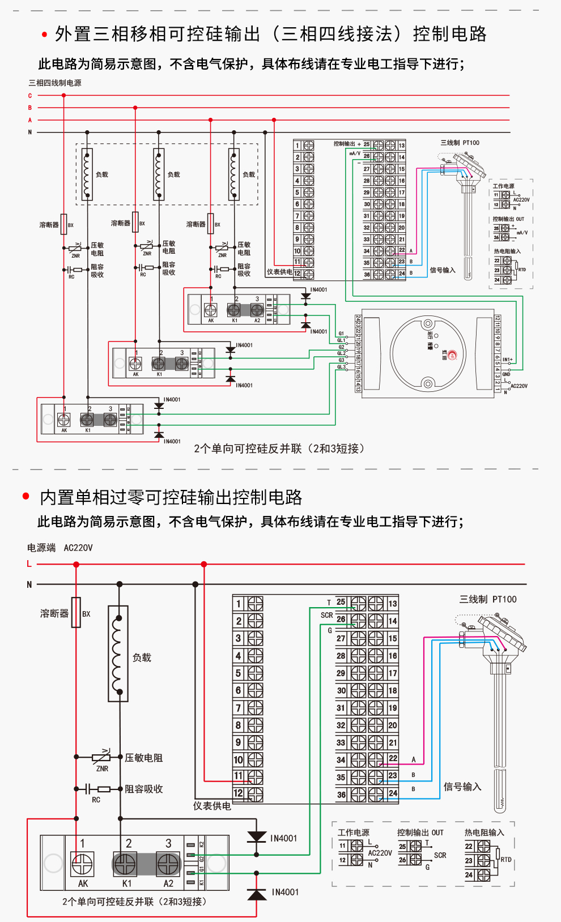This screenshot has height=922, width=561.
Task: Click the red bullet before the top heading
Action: pyautogui.click(x=44, y=35)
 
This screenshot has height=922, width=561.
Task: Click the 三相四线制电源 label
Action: pyautogui.click(x=55, y=83)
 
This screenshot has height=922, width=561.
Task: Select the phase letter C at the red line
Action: pyautogui.click(x=30, y=96)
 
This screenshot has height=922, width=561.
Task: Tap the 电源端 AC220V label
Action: pyautogui.click(x=59, y=548)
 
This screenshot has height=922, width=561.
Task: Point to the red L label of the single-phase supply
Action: pyautogui.click(x=29, y=564)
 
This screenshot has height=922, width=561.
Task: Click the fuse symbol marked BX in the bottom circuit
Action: pyautogui.click(x=76, y=612)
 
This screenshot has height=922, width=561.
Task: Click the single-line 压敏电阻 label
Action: pyautogui.click(x=144, y=758)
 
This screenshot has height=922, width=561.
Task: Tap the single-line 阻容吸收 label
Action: pyautogui.click(x=144, y=789)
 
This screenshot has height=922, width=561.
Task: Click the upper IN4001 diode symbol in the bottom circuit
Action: pyautogui.click(x=257, y=837)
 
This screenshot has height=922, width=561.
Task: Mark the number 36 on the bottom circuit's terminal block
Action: pyautogui.click(x=341, y=795)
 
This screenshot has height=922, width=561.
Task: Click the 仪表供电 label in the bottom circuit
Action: pyautogui.click(x=212, y=806)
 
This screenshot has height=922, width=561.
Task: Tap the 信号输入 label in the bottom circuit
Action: pyautogui.click(x=462, y=787)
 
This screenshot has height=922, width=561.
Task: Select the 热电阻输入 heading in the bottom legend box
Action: pyautogui.click(x=484, y=833)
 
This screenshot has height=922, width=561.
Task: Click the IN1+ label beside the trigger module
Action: pyautogui.click(x=508, y=360)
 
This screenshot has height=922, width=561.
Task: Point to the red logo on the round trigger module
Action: pyautogui.click(x=452, y=355)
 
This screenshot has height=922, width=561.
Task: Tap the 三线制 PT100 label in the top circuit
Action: pyautogui.click(x=460, y=143)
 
